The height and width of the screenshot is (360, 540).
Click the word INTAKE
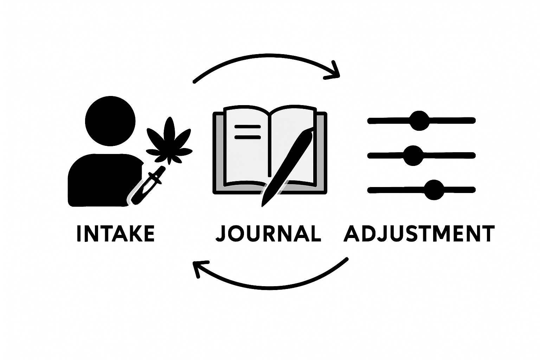tap(115, 233)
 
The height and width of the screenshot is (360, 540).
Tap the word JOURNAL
tap(268, 233)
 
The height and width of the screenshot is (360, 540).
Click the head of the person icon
tap(110, 121)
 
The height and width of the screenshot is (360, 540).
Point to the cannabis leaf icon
tap(169, 142)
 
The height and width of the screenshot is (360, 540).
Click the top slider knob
tap(419, 121)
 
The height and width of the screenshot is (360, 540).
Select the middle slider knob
tap(413, 155)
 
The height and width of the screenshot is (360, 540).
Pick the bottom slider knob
tap(434, 190)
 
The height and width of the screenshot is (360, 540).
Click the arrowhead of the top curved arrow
tap(336, 72)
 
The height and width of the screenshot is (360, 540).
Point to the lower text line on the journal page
tap(247, 137)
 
